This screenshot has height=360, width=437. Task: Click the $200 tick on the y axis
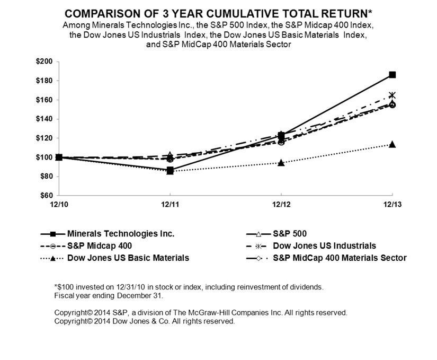click(44, 62)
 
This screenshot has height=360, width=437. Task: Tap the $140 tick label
click(44, 119)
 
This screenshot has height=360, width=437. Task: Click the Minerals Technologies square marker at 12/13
click(392, 75)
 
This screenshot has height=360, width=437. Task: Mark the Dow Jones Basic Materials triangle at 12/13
click(392, 144)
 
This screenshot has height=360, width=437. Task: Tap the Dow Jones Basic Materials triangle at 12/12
click(281, 162)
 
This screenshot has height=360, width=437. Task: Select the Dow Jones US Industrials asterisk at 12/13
click(392, 95)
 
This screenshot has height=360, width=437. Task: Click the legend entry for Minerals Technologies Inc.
click(121, 233)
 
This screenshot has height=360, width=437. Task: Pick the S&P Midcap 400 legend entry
click(100, 245)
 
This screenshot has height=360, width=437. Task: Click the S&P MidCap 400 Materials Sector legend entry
click(340, 258)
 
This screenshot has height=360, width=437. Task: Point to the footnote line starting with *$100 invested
click(189, 287)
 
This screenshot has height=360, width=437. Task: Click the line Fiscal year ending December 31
click(109, 295)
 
